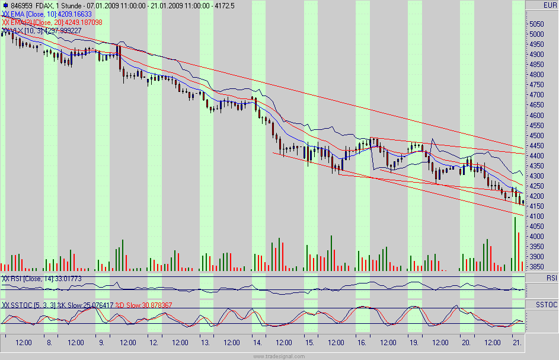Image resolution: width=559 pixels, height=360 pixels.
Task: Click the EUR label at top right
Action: [550, 5]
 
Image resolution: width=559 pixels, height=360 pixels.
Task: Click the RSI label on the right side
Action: [551, 278]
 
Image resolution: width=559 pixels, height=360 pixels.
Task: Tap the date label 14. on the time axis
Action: [256, 342]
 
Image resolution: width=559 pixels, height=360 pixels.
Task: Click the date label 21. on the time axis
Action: [516, 342]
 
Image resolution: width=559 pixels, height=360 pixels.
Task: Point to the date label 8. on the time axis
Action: [49, 342]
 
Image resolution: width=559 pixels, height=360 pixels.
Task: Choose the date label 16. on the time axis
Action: [360, 342]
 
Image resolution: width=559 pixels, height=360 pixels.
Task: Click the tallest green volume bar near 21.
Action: [515, 244]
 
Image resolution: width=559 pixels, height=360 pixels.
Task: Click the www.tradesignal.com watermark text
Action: [279, 356]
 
